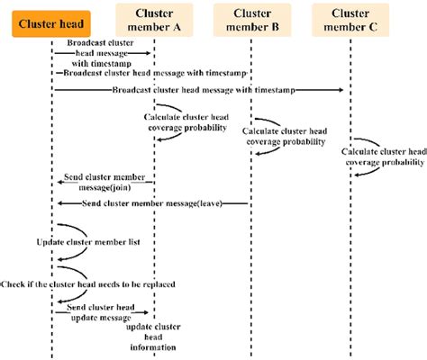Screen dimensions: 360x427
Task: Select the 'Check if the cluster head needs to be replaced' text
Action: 87,283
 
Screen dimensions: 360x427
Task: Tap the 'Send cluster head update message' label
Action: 100,311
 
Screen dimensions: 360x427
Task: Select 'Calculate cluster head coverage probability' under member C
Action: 382,157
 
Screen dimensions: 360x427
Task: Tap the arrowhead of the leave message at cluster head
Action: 59,203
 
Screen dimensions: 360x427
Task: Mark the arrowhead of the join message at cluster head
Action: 59,183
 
